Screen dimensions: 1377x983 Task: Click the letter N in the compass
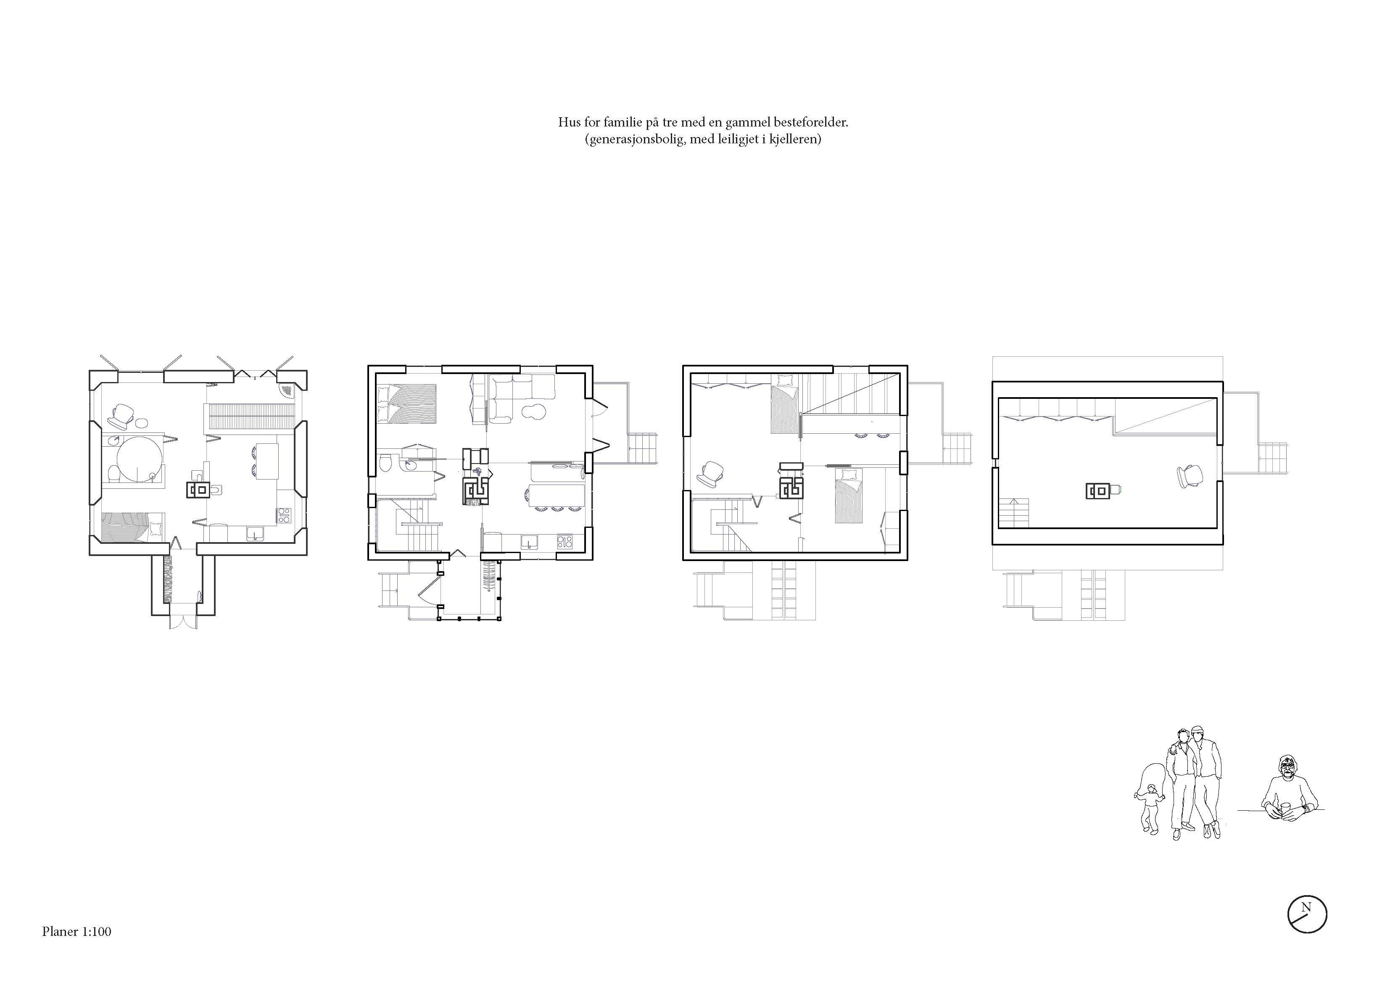point(1306,908)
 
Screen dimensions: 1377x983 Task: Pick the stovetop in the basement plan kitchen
point(283,515)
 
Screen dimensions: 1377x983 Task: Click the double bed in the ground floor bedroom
point(406,403)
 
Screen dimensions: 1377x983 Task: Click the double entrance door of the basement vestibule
point(183,620)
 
